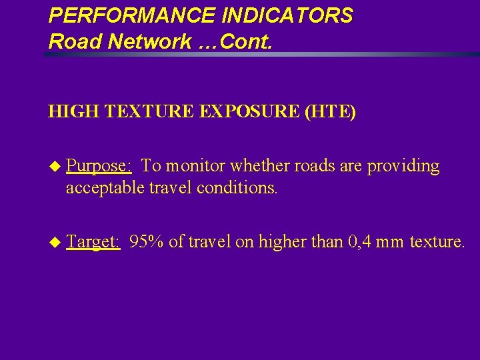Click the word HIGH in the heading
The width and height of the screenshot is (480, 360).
(69, 111)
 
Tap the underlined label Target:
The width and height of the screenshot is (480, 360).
(93, 241)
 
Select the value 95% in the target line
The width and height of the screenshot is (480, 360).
(147, 241)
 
